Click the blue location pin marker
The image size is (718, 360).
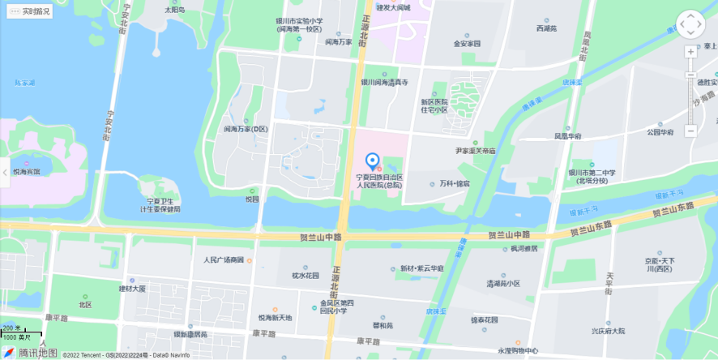pyautogui.click(x=373, y=161)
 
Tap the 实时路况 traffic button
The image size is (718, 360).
pyautogui.click(x=30, y=11)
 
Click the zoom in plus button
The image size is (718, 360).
pyautogui.click(x=690, y=52)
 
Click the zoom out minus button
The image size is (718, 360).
pyautogui.click(x=690, y=131)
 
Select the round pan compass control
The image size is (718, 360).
pyautogui.click(x=690, y=24)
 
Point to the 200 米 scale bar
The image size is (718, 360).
pyautogui.click(x=21, y=332)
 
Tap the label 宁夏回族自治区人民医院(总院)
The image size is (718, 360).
pyautogui.click(x=380, y=180)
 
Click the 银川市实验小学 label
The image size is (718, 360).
pyautogui.click(x=299, y=24)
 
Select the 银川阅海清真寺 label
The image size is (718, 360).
pyautogui.click(x=384, y=82)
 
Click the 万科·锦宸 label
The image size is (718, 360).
pyautogui.click(x=454, y=184)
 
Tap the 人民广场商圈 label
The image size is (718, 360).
pyautogui.click(x=224, y=260)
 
